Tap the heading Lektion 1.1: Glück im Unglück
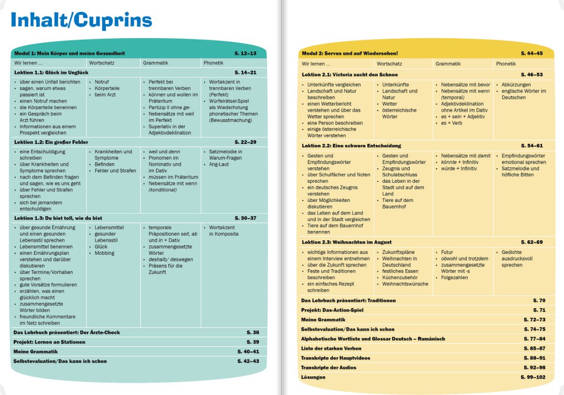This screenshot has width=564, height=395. (x=51, y=72)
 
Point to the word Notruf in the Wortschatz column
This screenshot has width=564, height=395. (x=101, y=82)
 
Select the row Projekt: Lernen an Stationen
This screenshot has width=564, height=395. (x=50, y=342)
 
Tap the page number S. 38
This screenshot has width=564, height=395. (x=253, y=332)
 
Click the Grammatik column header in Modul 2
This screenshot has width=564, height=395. (x=448, y=64)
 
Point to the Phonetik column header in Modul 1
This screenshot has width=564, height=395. (x=213, y=63)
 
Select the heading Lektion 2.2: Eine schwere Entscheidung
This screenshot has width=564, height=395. (x=351, y=146)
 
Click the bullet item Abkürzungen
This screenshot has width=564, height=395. (x=516, y=85)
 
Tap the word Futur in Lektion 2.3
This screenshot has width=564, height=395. (x=447, y=252)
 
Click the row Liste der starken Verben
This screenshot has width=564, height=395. (x=331, y=348)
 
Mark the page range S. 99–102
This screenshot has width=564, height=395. (x=533, y=377)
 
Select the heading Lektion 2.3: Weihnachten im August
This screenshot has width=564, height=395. (x=346, y=242)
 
